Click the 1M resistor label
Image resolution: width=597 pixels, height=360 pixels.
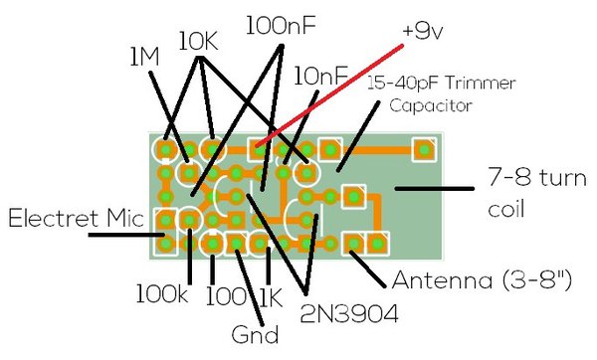(x=144, y=58)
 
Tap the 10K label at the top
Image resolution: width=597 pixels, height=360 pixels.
(x=198, y=41)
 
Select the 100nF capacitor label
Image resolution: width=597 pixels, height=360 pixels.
(x=281, y=26)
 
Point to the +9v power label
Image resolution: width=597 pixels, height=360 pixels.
(x=423, y=33)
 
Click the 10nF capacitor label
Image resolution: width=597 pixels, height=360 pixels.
(x=321, y=76)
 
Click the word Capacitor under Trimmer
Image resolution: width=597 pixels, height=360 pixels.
(x=431, y=105)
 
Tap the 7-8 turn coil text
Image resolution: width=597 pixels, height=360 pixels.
(x=537, y=193)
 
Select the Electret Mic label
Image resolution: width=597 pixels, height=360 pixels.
(x=77, y=218)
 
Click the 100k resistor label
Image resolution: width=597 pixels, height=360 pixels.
(x=162, y=293)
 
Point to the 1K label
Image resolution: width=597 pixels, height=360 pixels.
(x=271, y=297)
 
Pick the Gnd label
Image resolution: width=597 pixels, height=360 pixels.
(x=255, y=335)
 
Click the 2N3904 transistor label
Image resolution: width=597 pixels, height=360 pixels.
(x=349, y=314)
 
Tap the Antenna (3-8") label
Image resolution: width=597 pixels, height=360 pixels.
(x=482, y=280)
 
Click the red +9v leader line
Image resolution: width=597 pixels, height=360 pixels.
(x=329, y=95)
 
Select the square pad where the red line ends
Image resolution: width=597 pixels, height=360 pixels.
(x=259, y=149)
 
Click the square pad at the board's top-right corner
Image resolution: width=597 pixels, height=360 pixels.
(x=424, y=149)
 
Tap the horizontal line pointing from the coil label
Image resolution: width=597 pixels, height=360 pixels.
(x=435, y=188)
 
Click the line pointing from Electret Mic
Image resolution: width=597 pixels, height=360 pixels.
(x=126, y=235)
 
